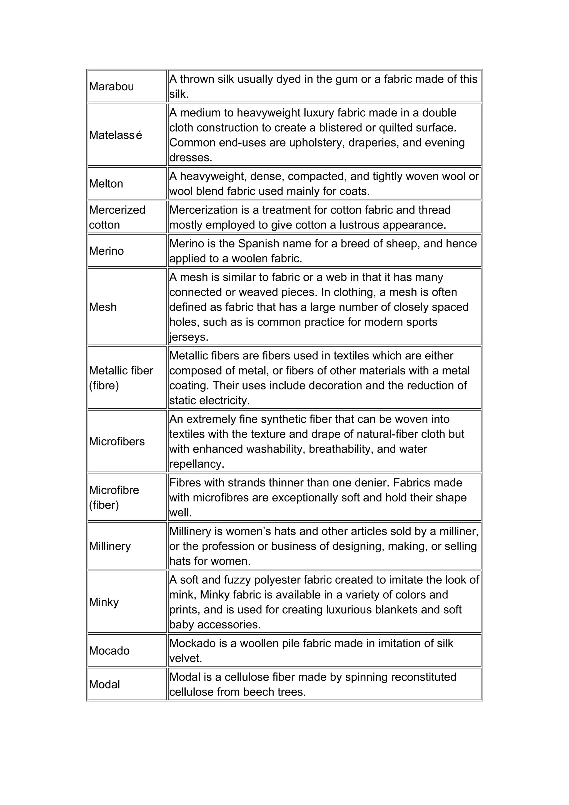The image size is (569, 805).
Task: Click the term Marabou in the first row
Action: click(x=111, y=87)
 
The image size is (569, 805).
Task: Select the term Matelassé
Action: click(x=116, y=135)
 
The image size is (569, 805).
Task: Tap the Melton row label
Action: click(x=106, y=184)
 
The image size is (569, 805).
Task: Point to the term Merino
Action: click(x=106, y=251)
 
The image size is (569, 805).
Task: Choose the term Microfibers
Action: click(x=117, y=441)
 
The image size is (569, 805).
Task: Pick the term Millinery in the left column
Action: click(x=110, y=546)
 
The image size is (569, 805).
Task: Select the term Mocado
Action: click(x=109, y=651)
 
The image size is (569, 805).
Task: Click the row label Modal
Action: click(x=104, y=684)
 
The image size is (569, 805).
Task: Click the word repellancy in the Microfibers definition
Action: click(x=196, y=464)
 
